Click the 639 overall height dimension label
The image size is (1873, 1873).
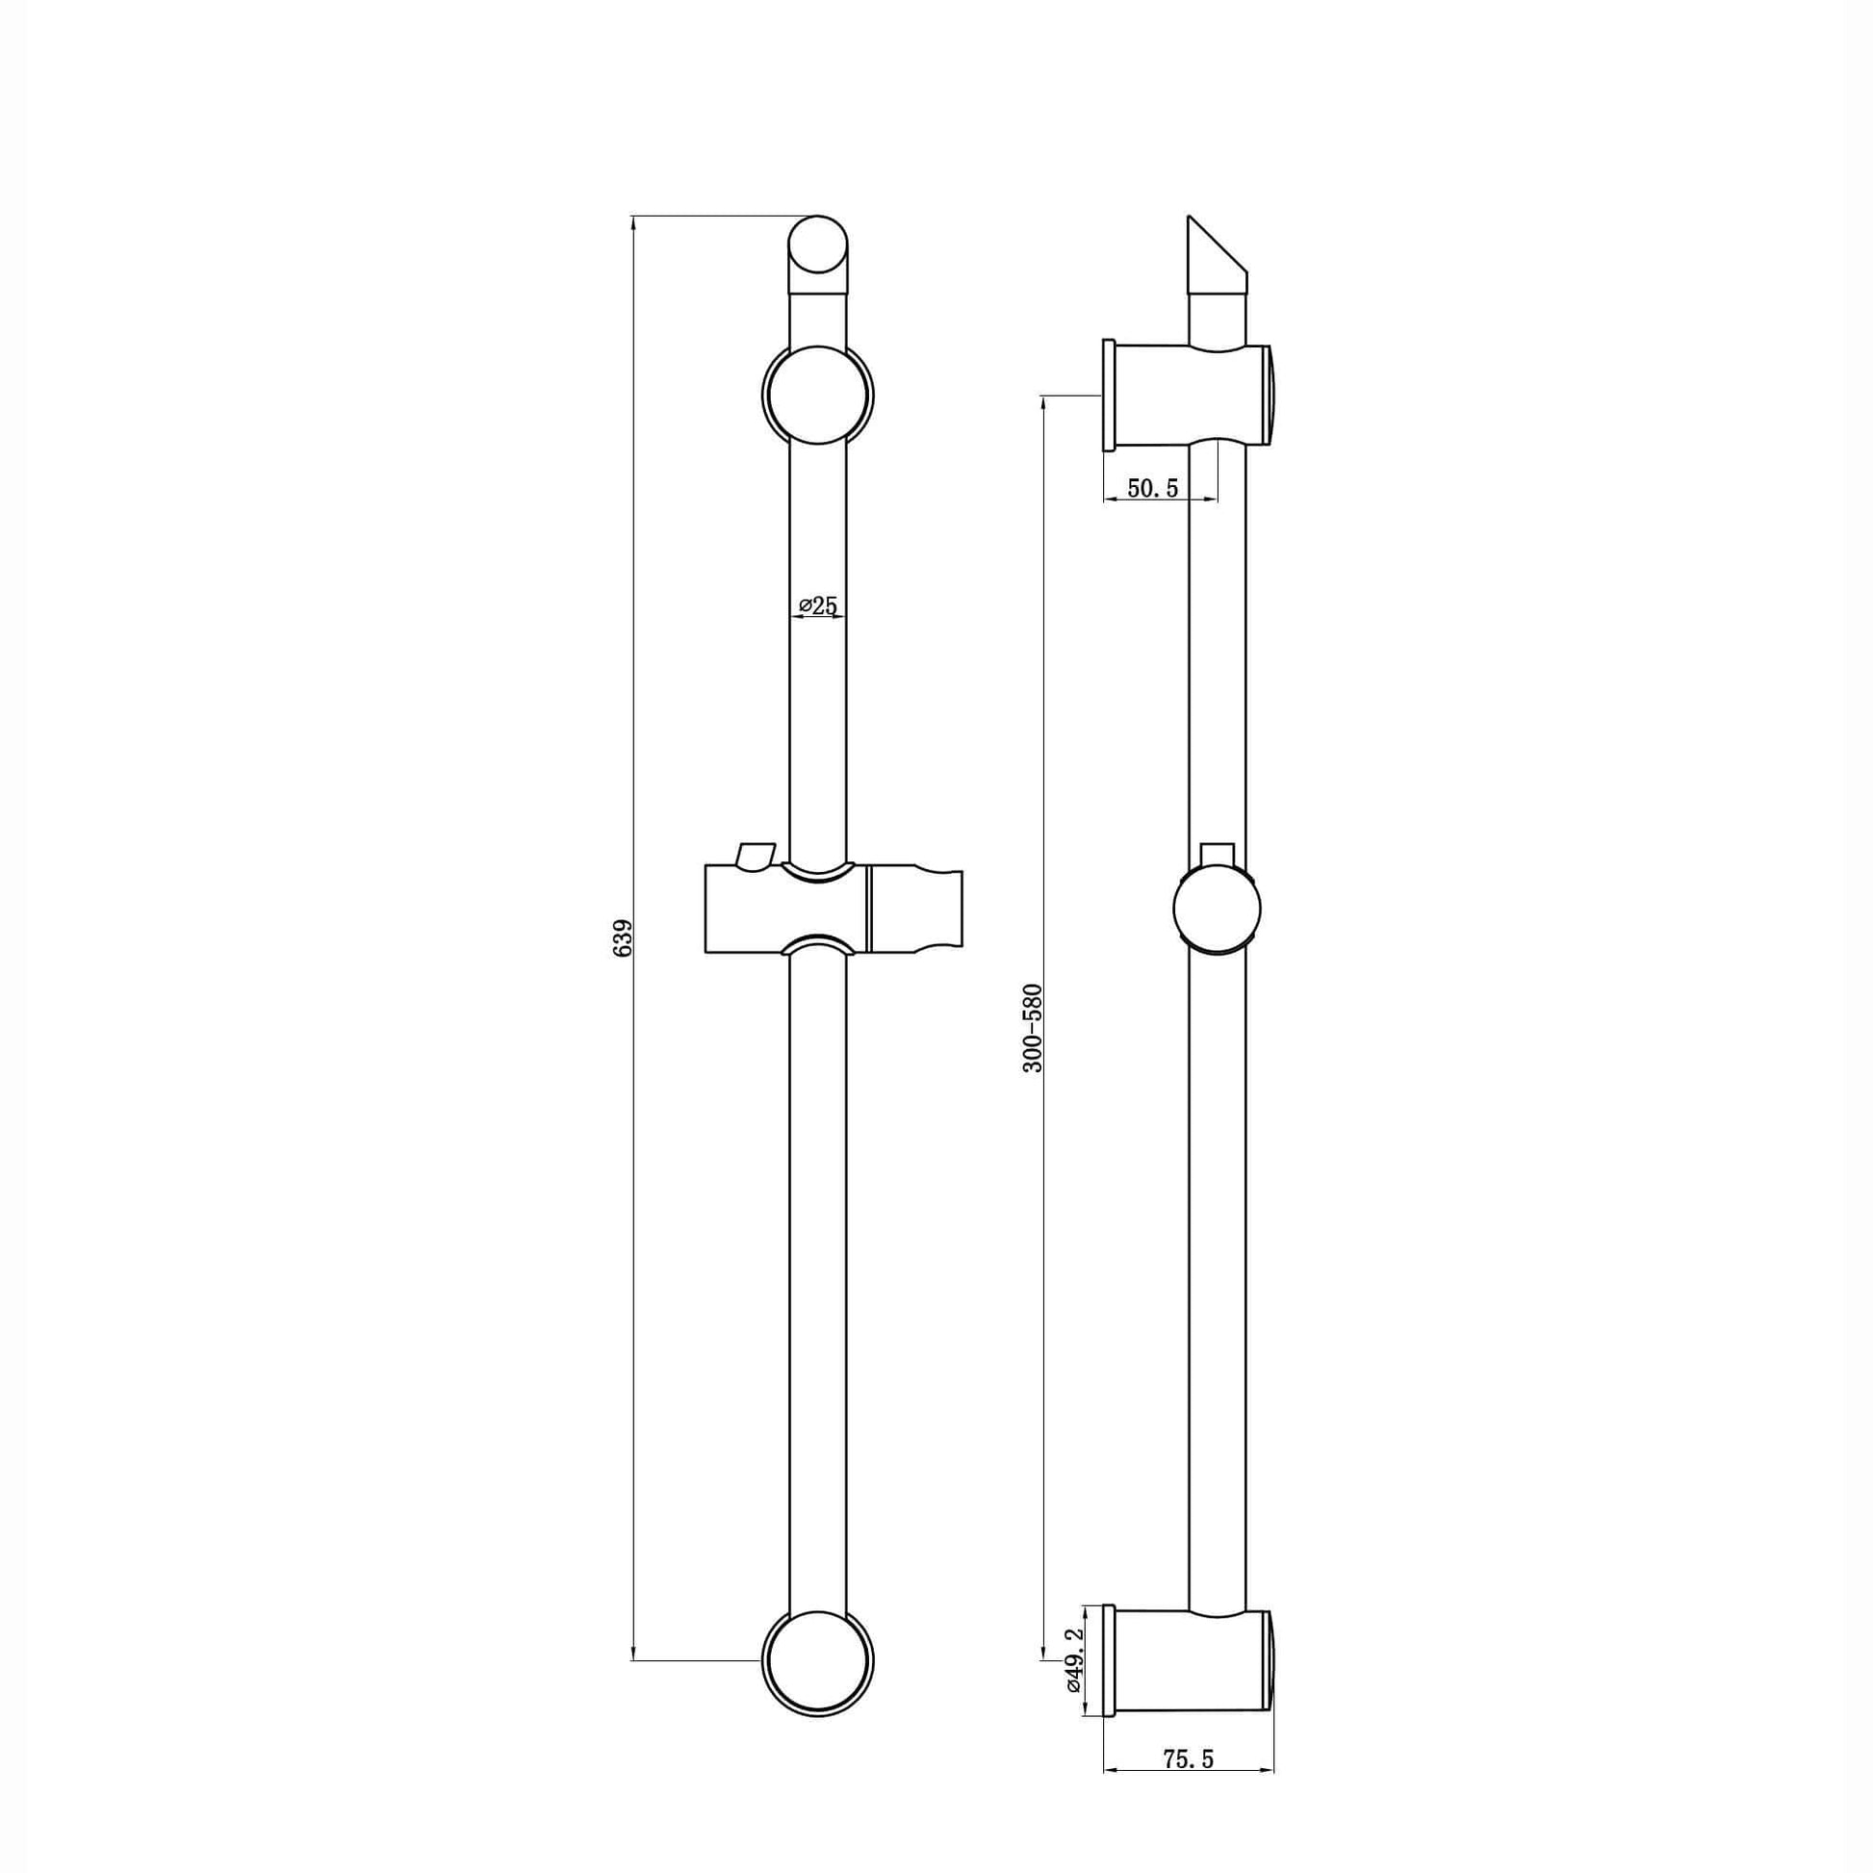pyautogui.click(x=624, y=938)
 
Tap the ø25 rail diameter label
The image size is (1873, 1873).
pyautogui.click(x=818, y=606)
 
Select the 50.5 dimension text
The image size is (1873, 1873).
pyautogui.click(x=1153, y=488)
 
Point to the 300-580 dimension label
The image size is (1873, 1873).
pyautogui.click(x=1033, y=1028)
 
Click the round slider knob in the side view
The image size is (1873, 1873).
pyautogui.click(x=1217, y=911)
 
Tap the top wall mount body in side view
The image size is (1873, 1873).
pyautogui.click(x=1188, y=395)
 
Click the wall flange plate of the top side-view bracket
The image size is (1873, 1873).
pyautogui.click(x=1108, y=395)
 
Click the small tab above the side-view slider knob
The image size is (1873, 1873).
pyautogui.click(x=1217, y=853)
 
